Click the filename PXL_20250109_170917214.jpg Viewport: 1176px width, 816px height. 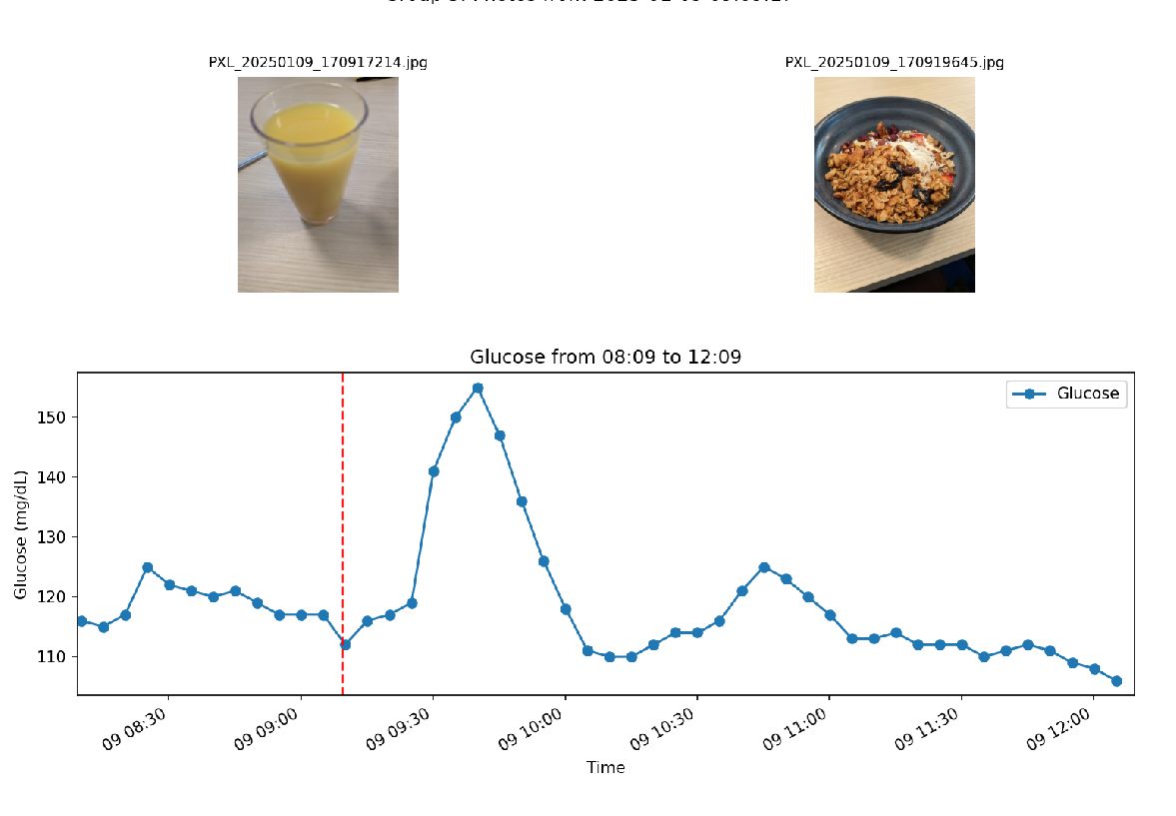tap(318, 62)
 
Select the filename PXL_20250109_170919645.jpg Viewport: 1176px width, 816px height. tap(894, 62)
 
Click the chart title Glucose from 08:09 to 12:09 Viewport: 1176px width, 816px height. tap(605, 357)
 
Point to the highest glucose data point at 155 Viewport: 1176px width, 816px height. tap(478, 388)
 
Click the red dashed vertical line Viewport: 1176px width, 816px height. tap(343, 499)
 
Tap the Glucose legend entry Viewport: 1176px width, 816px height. tap(1067, 395)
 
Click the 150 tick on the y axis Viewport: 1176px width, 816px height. tap(57, 417)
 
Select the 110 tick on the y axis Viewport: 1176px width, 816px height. tap(57, 657)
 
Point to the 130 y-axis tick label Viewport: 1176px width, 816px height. tap(57, 537)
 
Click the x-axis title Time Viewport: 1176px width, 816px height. tap(605, 767)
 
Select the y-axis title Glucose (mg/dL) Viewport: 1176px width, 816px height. tap(21, 534)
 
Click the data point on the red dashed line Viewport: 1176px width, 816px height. tap(345, 644)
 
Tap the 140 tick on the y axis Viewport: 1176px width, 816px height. tap(57, 477)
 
